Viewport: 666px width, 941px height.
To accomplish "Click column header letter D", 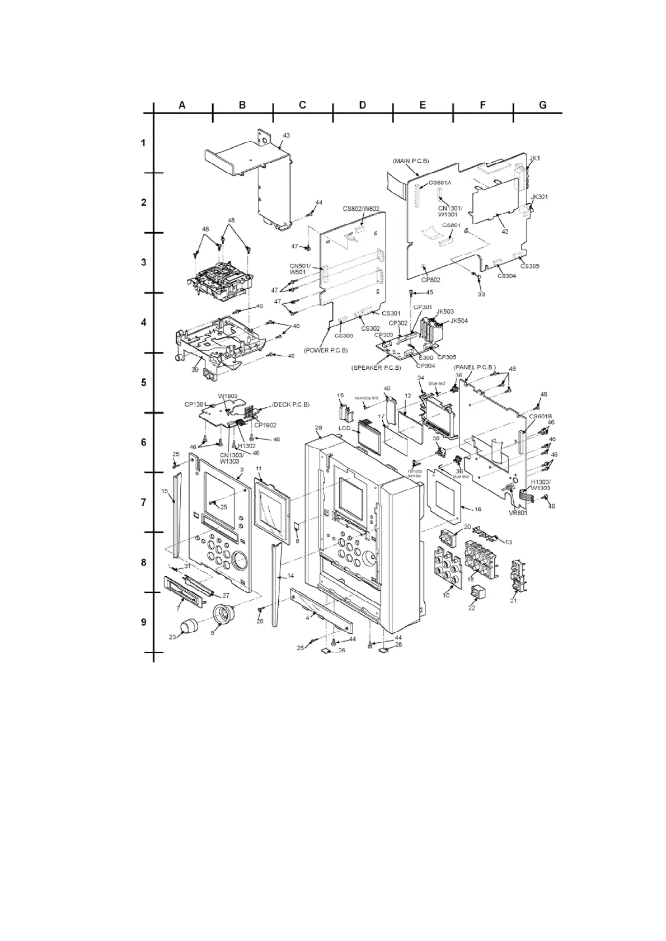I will [362, 105].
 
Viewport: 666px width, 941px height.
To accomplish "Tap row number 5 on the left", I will [143, 383].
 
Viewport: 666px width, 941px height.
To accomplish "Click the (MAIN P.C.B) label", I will [411, 161].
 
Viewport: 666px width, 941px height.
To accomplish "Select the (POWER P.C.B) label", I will [326, 350].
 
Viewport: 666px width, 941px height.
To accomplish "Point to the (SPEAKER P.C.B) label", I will [376, 368].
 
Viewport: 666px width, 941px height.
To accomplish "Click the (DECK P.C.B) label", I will [291, 404].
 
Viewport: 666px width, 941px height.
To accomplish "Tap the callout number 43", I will [286, 136].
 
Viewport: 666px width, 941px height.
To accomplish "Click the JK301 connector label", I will [539, 197].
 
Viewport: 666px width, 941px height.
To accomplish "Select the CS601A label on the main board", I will [440, 183].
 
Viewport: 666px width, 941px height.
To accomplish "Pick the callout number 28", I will [318, 428].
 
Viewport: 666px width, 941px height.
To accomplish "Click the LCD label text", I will [344, 429].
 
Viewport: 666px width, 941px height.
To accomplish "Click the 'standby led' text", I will [367, 398].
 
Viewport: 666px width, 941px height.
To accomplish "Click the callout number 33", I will [481, 294].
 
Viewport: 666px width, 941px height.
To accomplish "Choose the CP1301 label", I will [196, 404].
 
